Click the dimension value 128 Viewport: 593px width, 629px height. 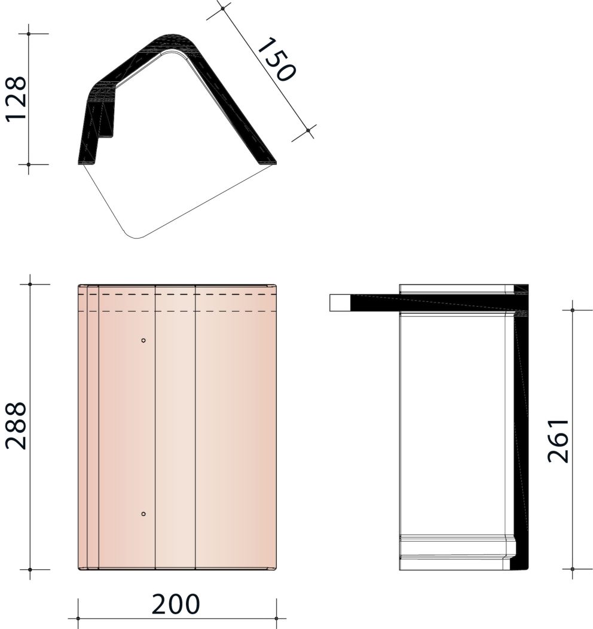pos(16,99)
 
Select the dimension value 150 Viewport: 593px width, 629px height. pos(276,59)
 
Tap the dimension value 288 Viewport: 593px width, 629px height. pos(16,426)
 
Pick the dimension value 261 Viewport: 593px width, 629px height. pos(558,441)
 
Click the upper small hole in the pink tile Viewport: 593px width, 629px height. pos(143,341)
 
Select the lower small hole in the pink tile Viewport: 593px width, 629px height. pos(143,514)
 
